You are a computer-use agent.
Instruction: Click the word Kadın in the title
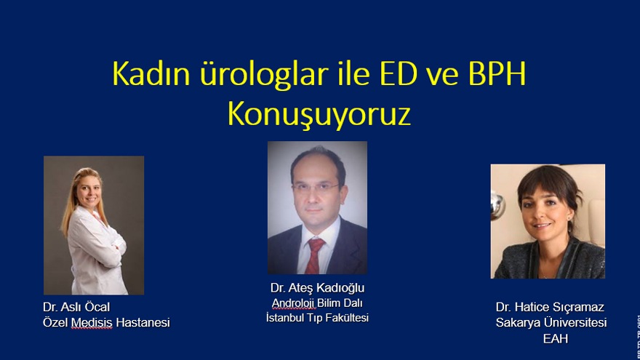point(151,73)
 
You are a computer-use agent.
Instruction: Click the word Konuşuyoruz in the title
point(319,115)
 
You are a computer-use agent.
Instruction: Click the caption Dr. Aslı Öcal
point(76,307)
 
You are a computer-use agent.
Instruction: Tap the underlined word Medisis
point(92,323)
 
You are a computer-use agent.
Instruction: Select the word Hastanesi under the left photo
point(143,323)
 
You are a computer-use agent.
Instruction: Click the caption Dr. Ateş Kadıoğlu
point(317,288)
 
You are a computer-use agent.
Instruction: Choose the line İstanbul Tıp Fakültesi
point(317,318)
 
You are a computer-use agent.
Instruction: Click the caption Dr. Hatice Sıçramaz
point(550,307)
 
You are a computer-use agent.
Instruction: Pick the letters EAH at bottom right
point(555,338)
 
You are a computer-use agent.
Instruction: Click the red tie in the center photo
point(315,256)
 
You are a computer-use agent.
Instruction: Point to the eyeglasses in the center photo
point(316,188)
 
